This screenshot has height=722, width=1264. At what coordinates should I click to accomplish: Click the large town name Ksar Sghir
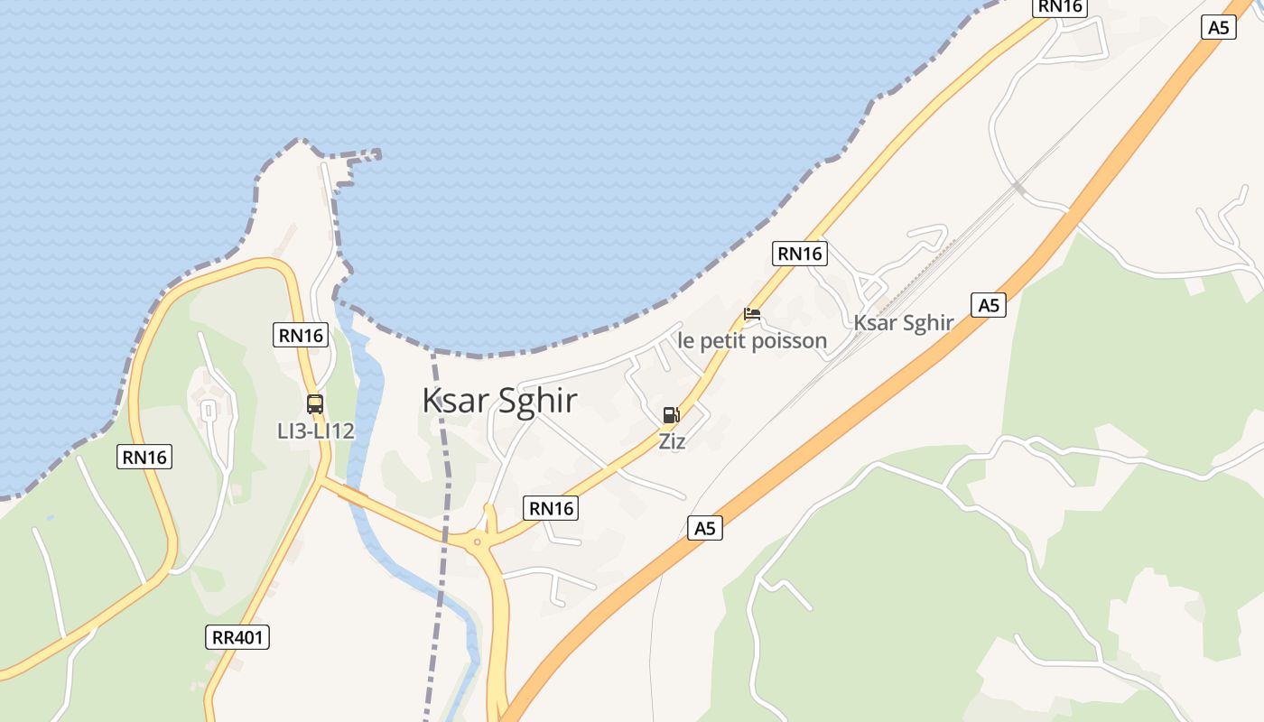point(499,401)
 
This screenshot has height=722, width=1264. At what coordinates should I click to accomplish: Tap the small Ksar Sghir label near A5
point(904,323)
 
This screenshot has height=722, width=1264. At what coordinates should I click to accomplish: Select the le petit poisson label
point(752,340)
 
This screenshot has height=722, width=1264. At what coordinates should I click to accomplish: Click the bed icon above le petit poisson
point(752,314)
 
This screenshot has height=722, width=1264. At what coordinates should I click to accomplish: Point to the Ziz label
point(672,441)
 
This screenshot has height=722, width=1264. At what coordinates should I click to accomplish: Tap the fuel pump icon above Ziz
point(671,415)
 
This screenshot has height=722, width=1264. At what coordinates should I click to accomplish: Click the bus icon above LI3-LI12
point(314,403)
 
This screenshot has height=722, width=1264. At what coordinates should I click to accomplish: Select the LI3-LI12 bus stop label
point(315,431)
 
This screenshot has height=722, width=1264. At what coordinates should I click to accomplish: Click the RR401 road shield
point(237,637)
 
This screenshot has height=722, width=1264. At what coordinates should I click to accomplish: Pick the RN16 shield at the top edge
point(1060,6)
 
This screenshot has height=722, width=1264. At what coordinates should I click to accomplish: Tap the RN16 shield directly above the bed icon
point(800,254)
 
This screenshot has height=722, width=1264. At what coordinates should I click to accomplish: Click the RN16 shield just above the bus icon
point(300,336)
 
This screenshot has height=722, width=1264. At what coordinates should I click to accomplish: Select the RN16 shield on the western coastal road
point(144,458)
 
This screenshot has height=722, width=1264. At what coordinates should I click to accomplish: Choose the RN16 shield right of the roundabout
point(551,508)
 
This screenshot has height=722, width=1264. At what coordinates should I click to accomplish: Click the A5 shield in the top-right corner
point(1218,27)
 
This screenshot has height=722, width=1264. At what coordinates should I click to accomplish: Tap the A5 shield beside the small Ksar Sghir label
point(989,305)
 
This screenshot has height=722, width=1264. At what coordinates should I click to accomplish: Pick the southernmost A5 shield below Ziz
point(705,528)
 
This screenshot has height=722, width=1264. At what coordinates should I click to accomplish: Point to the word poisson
point(792,340)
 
